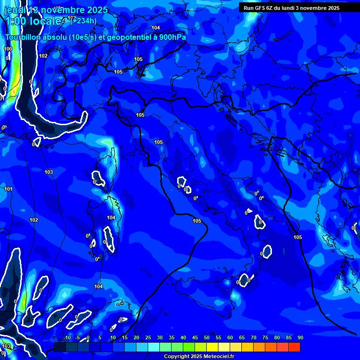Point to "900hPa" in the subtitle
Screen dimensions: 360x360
click(x=172, y=37)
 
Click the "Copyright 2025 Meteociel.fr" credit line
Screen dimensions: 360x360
click(x=199, y=356)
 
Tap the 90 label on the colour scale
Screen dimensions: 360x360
click(x=300, y=338)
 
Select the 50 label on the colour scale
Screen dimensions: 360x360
click(x=207, y=338)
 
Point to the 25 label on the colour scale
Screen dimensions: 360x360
click(x=148, y=338)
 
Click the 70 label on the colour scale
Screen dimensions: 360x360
click(x=254, y=338)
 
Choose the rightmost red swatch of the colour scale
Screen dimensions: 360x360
click(x=294, y=347)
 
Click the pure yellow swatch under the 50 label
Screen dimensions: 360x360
click(x=212, y=347)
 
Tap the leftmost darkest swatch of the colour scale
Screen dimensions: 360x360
click(x=60, y=347)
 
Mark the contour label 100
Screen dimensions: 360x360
click(x=8, y=49)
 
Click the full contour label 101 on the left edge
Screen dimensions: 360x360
click(x=8, y=189)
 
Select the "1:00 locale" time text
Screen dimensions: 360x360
click(x=33, y=21)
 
